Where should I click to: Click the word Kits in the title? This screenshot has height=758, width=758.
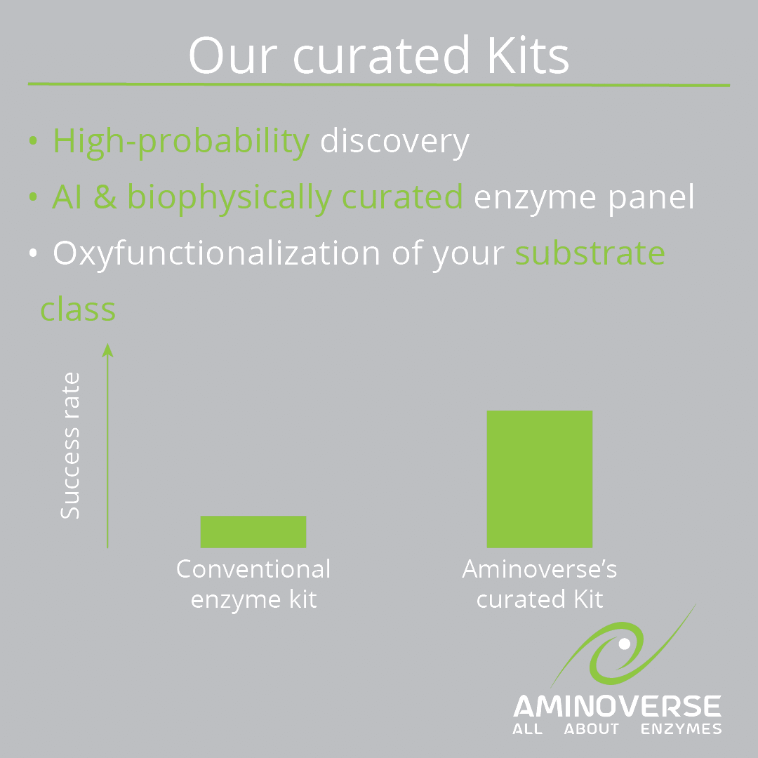(x=528, y=55)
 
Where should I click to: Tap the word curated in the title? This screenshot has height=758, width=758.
(x=381, y=55)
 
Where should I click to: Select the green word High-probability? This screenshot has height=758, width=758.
(x=181, y=142)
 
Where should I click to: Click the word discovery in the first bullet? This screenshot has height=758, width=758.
(x=394, y=142)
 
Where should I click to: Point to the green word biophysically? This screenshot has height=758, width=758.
(x=230, y=198)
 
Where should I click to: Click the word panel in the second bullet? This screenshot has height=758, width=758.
(x=651, y=197)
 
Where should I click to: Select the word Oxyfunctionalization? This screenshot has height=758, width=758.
(x=217, y=254)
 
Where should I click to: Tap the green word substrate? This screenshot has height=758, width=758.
(x=590, y=253)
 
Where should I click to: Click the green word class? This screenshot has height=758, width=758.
(x=78, y=309)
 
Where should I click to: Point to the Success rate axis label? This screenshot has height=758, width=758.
(x=70, y=446)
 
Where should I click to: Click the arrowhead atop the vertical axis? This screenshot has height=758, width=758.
(x=107, y=350)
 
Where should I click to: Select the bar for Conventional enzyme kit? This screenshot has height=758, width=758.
(x=253, y=532)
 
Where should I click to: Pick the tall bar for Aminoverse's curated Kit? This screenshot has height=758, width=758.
(x=540, y=479)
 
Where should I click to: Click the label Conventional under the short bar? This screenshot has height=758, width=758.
(x=253, y=569)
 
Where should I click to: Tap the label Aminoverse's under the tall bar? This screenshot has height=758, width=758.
(x=540, y=569)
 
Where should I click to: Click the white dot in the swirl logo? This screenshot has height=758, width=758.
(x=624, y=644)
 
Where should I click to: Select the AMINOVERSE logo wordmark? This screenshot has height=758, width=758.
(x=617, y=706)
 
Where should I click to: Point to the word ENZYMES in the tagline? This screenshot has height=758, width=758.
(x=681, y=729)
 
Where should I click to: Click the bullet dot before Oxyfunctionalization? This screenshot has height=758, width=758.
(x=33, y=253)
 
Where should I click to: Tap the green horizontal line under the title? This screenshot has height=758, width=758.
(x=379, y=85)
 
